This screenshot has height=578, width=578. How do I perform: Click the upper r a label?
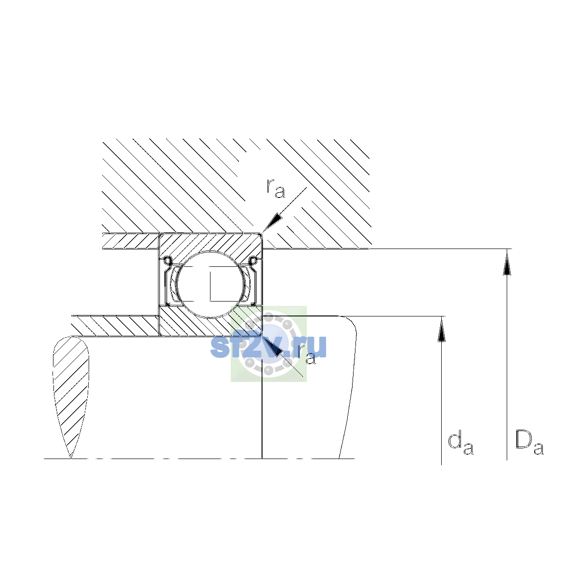click(276, 188)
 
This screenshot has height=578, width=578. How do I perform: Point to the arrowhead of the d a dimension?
click(441, 329)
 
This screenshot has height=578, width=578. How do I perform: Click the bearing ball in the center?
click(210, 284)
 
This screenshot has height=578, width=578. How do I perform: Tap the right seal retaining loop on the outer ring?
click(254, 261)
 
